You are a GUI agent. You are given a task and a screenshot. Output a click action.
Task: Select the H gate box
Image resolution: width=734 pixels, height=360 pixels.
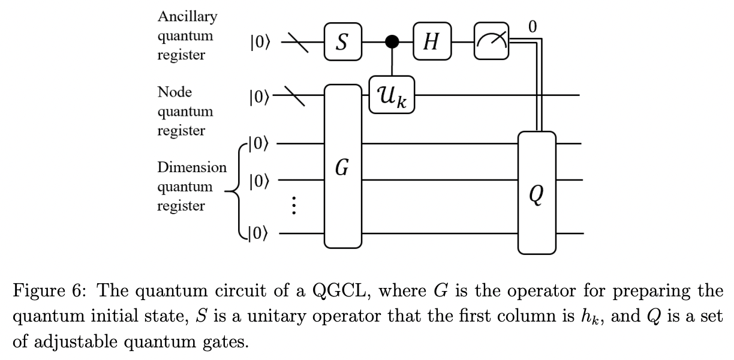[431, 41]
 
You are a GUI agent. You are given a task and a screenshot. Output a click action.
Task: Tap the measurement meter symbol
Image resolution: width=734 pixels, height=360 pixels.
[491, 41]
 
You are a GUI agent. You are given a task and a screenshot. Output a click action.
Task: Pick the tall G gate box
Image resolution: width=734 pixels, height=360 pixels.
[342, 166]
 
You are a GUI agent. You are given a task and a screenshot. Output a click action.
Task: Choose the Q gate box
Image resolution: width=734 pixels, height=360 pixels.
[537, 192]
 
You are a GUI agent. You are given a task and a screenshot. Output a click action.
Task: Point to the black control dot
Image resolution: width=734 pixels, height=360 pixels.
[392, 41]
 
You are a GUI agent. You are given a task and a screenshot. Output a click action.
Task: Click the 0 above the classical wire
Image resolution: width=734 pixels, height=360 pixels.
[533, 25]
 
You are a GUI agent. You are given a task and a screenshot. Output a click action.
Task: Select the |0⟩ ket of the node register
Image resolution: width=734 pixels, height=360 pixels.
[259, 96]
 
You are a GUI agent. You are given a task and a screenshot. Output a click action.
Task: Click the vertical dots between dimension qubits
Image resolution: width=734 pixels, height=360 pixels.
[293, 206]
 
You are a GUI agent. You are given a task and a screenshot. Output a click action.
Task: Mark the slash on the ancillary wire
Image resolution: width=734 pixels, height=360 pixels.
[295, 41]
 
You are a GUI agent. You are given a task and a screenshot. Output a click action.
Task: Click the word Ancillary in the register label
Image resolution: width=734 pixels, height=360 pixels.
[187, 17]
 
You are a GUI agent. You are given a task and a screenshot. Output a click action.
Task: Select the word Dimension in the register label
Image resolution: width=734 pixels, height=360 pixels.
[192, 167]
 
